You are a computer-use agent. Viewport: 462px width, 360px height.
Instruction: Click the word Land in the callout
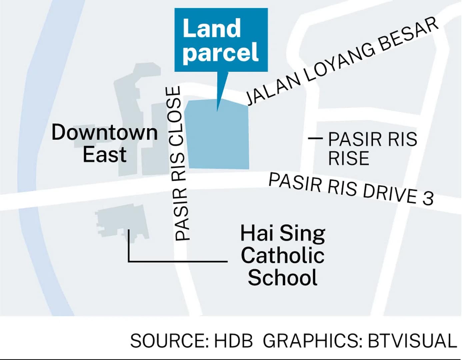coord(212,29)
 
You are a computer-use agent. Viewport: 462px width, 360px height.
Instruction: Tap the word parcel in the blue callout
coord(221,52)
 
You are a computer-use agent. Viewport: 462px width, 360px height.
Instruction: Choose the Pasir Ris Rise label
coord(372,149)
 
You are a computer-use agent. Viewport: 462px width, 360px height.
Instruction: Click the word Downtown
coord(104,132)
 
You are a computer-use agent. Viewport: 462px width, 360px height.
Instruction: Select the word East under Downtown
coord(104,154)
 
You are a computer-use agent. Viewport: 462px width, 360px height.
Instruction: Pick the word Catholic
coord(282,255)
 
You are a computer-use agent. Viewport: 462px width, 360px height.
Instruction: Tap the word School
coord(283,277)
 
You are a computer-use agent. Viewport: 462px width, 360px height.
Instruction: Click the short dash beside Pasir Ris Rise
coord(315,138)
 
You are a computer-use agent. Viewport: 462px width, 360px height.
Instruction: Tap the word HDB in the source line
coord(233,341)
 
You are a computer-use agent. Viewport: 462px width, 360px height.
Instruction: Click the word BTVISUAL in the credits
coord(412,341)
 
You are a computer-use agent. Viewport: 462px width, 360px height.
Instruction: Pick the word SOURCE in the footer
coord(169,341)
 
